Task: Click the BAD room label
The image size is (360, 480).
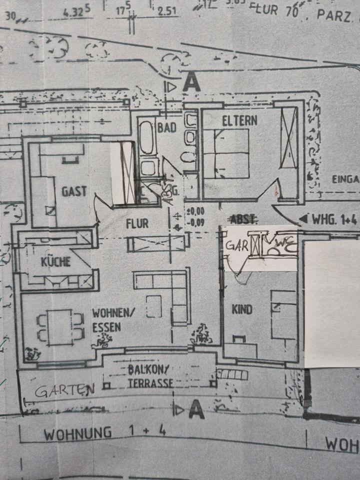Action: point(167,127)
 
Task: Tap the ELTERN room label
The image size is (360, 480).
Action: point(240,120)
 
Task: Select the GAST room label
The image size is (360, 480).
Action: point(74,191)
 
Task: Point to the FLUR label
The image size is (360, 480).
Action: point(137,223)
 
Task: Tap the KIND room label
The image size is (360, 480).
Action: point(241,309)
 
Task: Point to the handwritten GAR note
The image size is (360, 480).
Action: point(237,245)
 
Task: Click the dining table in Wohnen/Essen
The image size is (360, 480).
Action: point(59,327)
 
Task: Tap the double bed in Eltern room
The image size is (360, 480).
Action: point(231,153)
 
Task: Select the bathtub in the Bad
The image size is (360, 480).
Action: point(146,135)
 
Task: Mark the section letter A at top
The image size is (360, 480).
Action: point(191,82)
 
